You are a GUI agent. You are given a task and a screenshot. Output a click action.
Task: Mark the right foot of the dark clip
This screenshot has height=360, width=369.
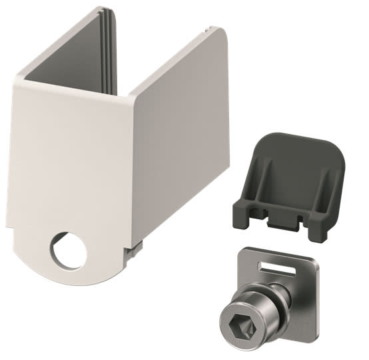pos(318,227)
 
